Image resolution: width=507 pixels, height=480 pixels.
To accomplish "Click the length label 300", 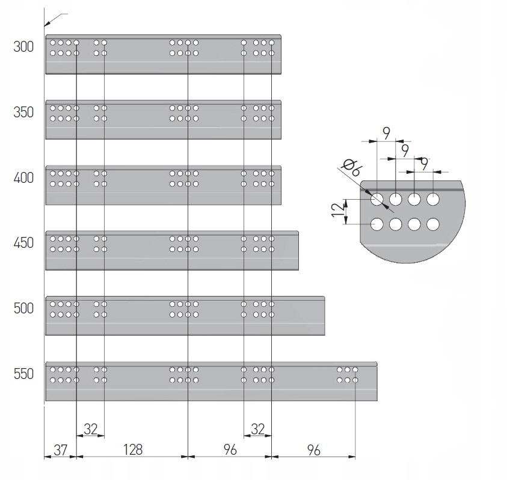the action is pos(23,47).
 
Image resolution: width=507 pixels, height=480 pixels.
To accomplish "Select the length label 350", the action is pos(23,112).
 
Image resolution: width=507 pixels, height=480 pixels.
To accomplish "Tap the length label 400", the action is pos(23,178).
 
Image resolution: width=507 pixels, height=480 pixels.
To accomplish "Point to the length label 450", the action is pos(23,244).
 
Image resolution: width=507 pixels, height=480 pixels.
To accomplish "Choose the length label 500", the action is pos(23,309).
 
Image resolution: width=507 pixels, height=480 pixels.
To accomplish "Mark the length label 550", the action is pos(23,374).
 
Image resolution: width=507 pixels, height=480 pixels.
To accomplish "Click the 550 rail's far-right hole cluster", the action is pos(348,375).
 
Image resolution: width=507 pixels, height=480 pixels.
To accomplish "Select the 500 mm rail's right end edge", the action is pos(324,316).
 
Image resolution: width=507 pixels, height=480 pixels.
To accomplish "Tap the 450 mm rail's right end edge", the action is pos(298,250).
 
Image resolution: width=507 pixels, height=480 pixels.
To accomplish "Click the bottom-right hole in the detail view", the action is pos(433,224).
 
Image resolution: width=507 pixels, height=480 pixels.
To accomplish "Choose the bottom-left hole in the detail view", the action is pos(377,224).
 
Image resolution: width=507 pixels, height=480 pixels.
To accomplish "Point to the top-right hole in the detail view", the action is pos(433,198).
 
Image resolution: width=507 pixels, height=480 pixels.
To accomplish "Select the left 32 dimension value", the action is pos(90,429).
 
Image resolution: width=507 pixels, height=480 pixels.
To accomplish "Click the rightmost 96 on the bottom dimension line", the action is pos(313,449).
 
